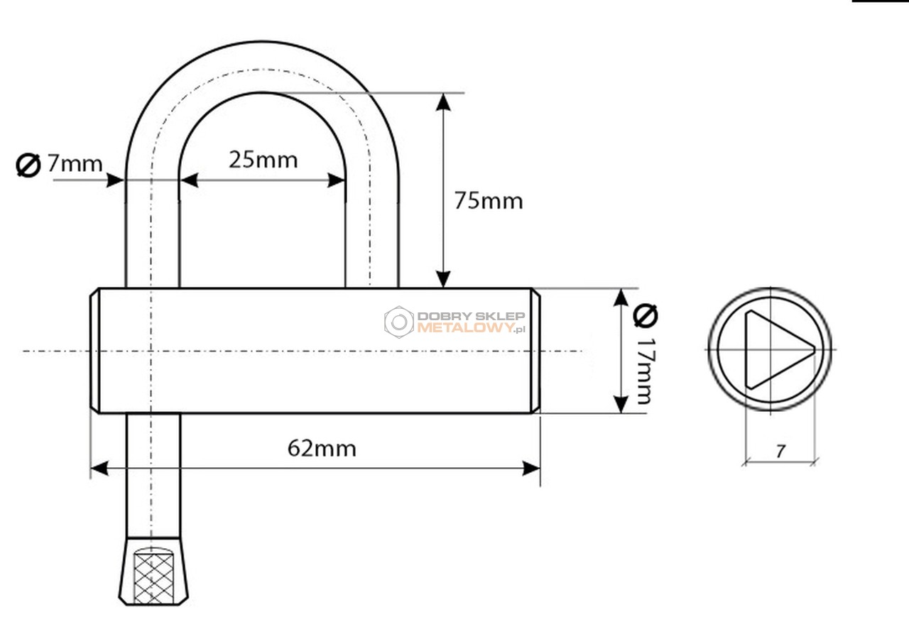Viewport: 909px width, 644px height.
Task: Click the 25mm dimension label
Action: pyautogui.click(x=263, y=160)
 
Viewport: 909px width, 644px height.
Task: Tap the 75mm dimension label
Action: pyautogui.click(x=489, y=200)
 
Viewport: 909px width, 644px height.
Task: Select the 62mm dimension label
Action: pyautogui.click(x=322, y=449)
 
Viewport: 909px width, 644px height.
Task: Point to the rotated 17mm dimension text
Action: pyautogui.click(x=646, y=371)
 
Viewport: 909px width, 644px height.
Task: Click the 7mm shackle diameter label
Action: pyautogui.click(x=75, y=163)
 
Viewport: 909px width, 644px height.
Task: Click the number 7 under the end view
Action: pyautogui.click(x=780, y=452)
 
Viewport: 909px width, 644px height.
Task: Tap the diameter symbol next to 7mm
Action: pyautogui.click(x=28, y=165)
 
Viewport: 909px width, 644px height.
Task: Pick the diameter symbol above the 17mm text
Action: pyautogui.click(x=646, y=315)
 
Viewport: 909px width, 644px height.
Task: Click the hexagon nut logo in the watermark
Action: pyautogui.click(x=399, y=322)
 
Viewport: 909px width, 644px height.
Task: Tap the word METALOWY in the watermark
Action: pyautogui.click(x=465, y=328)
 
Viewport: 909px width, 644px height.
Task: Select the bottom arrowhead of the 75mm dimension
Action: pyautogui.click(x=443, y=279)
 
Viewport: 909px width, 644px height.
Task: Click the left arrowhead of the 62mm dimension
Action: pyautogui.click(x=99, y=469)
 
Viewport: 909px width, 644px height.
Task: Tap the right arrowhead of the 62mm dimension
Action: pyautogui.click(x=531, y=469)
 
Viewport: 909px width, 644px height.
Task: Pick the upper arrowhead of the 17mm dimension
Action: pyautogui.click(x=621, y=298)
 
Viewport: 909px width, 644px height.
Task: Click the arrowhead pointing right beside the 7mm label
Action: pyautogui.click(x=115, y=180)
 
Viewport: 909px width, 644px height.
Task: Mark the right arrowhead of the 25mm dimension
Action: pyautogui.click(x=337, y=180)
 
